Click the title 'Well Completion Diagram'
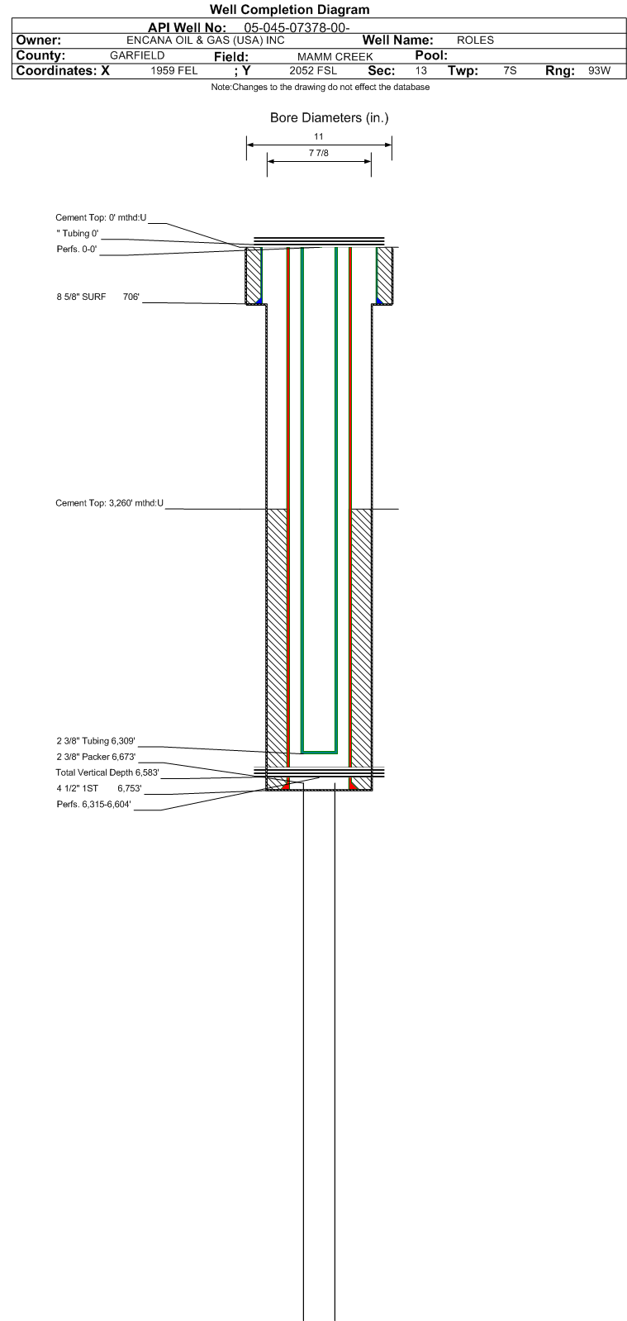point(290,9)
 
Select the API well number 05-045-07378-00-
point(297,28)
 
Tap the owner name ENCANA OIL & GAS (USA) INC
point(205,40)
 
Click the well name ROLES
point(475,40)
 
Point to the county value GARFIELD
point(137,55)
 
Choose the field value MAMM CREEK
point(335,57)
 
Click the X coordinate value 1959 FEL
point(174,71)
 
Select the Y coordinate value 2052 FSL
point(312,71)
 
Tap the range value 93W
point(599,71)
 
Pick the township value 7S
point(510,71)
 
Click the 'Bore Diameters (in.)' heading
point(329,117)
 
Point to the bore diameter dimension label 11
point(319,136)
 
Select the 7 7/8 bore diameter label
point(319,153)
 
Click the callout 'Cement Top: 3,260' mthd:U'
point(109,503)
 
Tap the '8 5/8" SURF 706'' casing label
point(98,297)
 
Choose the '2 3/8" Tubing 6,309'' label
point(96,741)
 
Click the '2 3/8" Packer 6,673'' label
point(96,757)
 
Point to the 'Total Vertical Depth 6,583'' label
point(107,772)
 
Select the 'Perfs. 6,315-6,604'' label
point(94,805)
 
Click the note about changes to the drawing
point(321,88)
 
